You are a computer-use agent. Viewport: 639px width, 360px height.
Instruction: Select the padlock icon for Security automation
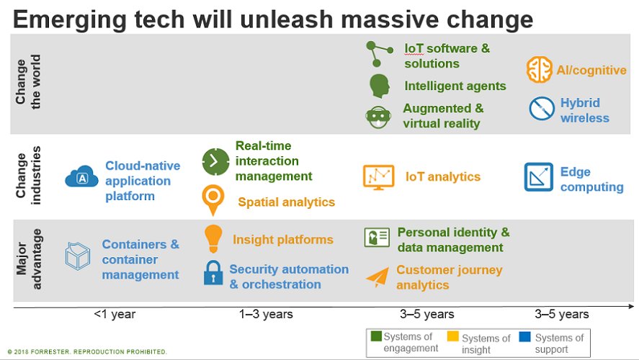(213, 274)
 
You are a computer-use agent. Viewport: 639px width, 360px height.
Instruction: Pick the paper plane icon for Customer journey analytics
(377, 276)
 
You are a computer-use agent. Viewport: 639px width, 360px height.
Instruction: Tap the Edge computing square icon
(538, 177)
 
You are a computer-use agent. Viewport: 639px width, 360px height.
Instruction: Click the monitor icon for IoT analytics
(378, 176)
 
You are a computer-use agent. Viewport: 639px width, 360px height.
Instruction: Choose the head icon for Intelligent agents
(379, 86)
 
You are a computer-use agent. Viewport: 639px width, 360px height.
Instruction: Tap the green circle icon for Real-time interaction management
(214, 160)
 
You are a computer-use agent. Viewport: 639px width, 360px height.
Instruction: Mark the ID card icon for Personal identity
(377, 238)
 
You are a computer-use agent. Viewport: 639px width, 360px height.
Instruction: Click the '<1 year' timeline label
(114, 314)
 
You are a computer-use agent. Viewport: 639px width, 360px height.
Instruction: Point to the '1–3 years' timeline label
(266, 314)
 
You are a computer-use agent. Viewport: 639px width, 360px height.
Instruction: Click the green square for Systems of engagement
(375, 336)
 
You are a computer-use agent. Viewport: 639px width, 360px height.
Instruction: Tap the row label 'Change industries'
(31, 176)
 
